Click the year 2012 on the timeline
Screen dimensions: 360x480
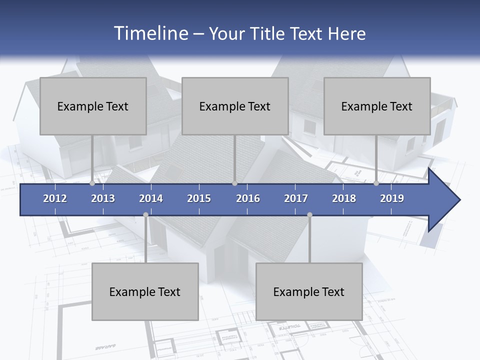coord(55,198)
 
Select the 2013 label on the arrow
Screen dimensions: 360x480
coord(103,198)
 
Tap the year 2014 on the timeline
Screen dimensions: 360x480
coord(151,198)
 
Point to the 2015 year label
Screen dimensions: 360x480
coord(199,198)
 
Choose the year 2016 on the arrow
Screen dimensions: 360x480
coord(248,198)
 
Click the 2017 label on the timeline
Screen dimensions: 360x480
coord(296,198)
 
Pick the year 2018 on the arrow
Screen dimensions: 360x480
coord(344,198)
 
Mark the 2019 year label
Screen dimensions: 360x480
coord(392,198)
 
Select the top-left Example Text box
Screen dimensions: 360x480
coord(93,106)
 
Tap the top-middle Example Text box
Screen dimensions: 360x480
coord(235,106)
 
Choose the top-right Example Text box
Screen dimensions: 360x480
coord(377,106)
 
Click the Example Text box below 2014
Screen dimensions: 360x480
coord(145,291)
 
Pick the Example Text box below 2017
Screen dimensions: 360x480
coord(309,291)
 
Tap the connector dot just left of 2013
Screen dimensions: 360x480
coord(92,183)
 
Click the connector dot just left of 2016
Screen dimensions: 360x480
coord(234,183)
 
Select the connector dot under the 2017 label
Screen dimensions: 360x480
coord(309,215)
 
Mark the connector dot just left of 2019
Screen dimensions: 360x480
coord(376,183)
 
